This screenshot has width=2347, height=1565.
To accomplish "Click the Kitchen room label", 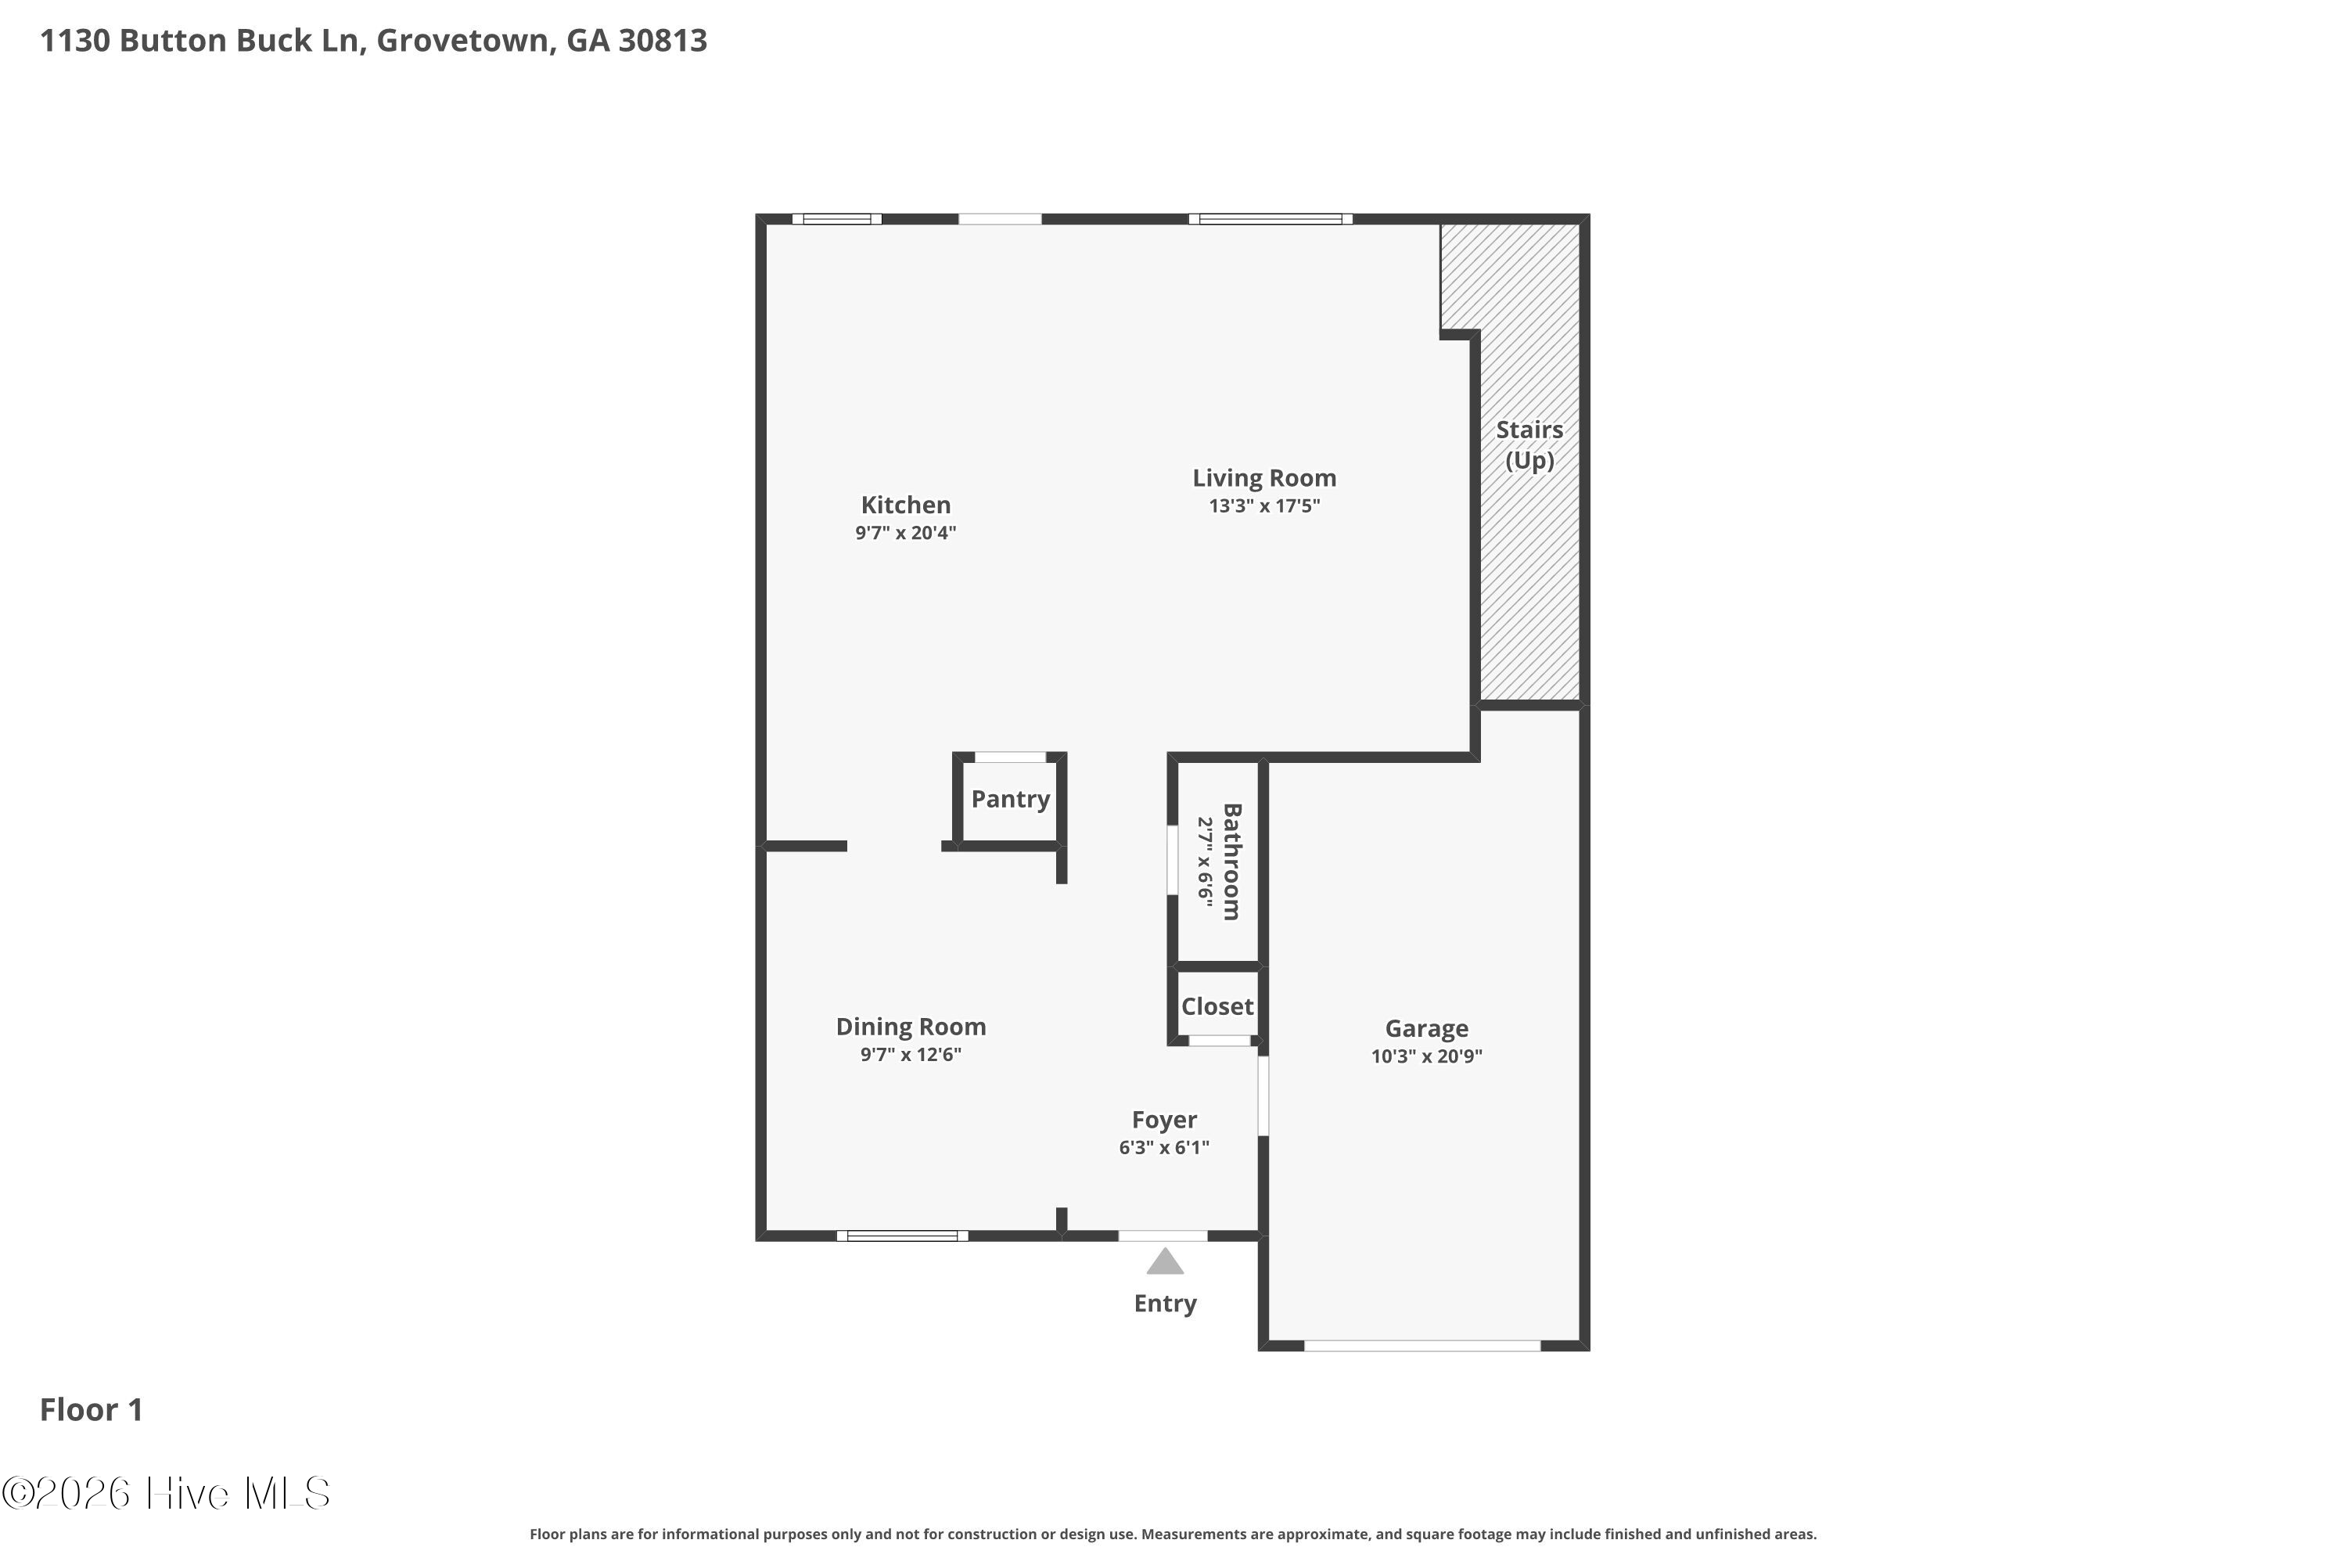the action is coord(905,505).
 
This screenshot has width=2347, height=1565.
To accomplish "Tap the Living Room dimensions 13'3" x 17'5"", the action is coord(1264,506).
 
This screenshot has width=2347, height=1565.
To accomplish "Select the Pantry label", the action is coord(1010,800).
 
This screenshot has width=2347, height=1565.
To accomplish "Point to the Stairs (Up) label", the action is coord(1529,445).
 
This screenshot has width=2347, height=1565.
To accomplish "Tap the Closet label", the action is coord(1217,1006).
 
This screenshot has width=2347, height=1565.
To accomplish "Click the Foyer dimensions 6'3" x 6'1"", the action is coord(1163,1148).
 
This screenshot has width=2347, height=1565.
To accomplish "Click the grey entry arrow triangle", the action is coord(1165,1263).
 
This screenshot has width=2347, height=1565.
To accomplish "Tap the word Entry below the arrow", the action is coord(1165,1304).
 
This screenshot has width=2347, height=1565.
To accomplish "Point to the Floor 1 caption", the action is coord(91,1409).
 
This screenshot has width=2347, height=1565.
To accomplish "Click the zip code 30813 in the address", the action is coord(663,41).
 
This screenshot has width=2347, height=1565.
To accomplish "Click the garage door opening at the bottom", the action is coord(1422,1347).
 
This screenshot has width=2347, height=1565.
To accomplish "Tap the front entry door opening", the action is coord(1163,1236).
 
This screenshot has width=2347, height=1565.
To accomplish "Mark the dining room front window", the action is coord(902,1236).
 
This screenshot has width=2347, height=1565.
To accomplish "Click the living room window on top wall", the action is coord(1271,218).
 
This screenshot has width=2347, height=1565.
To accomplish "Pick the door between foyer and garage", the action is coord(1263,1096).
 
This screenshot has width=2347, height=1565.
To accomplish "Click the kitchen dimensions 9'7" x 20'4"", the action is coord(905,533).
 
